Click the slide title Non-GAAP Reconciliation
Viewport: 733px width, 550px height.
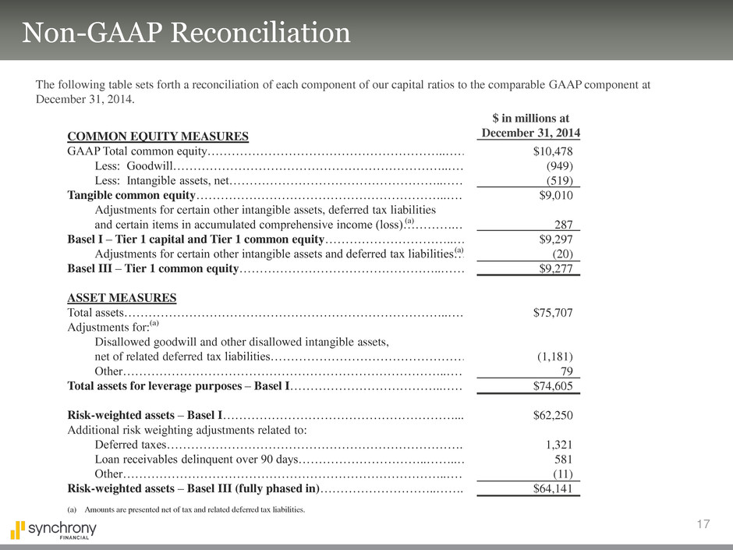click(186, 34)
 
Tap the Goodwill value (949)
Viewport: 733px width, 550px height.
click(559, 165)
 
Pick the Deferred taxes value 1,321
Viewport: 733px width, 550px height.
click(558, 445)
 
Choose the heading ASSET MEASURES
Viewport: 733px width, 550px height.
click(122, 298)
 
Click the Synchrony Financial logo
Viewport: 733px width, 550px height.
click(53, 530)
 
